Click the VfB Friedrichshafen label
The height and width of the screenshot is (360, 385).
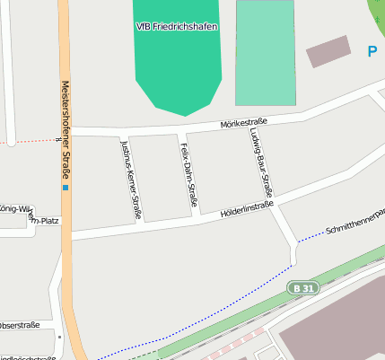point(178,27)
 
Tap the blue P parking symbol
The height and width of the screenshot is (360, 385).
point(372,52)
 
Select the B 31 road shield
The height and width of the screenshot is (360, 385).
point(304,288)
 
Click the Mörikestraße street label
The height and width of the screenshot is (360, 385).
point(245,123)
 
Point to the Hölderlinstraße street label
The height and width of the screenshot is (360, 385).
point(246,209)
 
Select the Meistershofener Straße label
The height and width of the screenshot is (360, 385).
point(66,129)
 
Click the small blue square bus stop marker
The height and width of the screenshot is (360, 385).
point(65,188)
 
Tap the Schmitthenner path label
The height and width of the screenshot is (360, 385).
point(354,219)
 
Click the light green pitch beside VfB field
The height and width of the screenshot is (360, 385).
point(265,54)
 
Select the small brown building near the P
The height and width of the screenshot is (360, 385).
point(328,51)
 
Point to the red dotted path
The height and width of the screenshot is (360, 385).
point(31,141)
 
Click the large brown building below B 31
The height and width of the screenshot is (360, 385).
point(337,328)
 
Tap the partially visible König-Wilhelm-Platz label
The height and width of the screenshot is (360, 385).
point(18,214)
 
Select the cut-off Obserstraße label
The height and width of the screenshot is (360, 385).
point(18,324)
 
